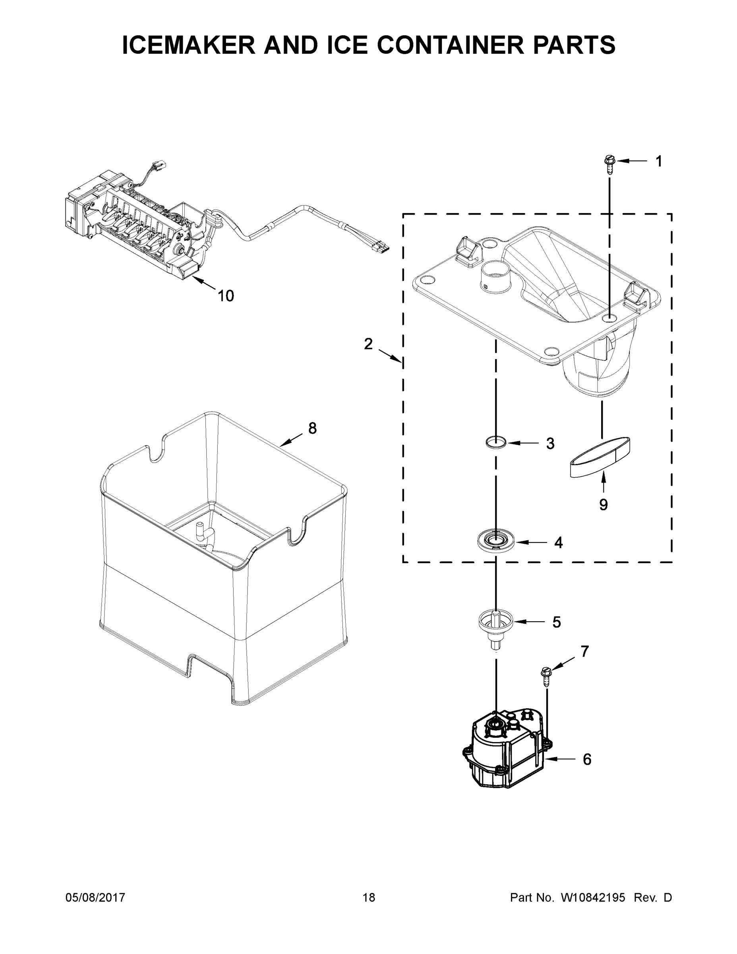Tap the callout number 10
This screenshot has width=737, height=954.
click(x=226, y=296)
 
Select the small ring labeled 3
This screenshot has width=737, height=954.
click(x=496, y=442)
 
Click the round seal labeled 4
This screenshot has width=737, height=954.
click(x=495, y=542)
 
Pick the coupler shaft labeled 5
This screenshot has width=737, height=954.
click(x=495, y=626)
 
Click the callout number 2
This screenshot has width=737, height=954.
click(x=368, y=344)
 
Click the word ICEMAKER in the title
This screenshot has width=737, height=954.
click(x=189, y=45)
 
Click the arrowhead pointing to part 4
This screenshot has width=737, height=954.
click(x=521, y=543)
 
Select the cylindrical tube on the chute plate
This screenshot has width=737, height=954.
click(x=495, y=274)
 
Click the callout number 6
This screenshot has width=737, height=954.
click(x=587, y=759)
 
